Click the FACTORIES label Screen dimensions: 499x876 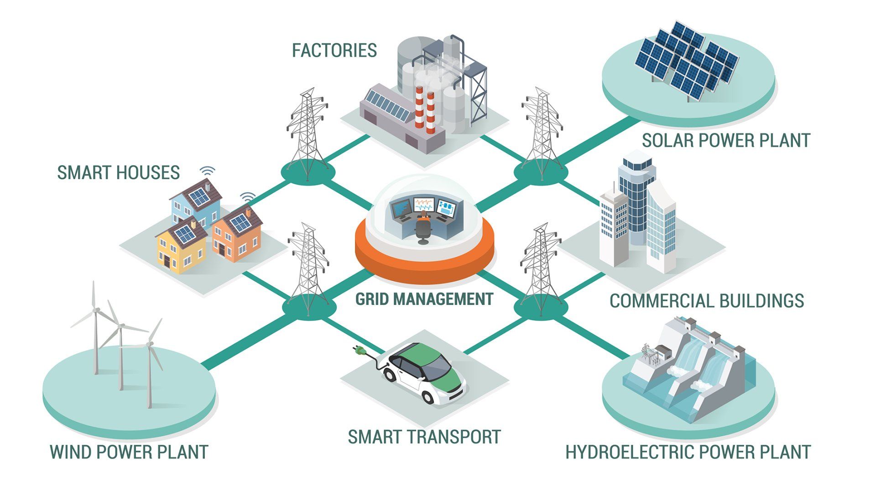tap(334, 50)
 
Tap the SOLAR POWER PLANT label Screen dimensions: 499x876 tap(725, 140)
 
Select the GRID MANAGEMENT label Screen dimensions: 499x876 tap(424, 299)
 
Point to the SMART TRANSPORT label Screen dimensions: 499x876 tap(424, 437)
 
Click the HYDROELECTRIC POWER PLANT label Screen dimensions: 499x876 tap(688, 452)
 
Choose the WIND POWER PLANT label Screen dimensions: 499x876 tap(129, 452)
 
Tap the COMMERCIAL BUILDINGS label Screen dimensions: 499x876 tap(706, 301)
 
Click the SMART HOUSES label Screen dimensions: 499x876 tap(118, 173)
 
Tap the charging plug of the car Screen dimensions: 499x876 tap(359, 350)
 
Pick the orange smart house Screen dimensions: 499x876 tap(237, 235)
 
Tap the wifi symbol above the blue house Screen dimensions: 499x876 tap(207, 171)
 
